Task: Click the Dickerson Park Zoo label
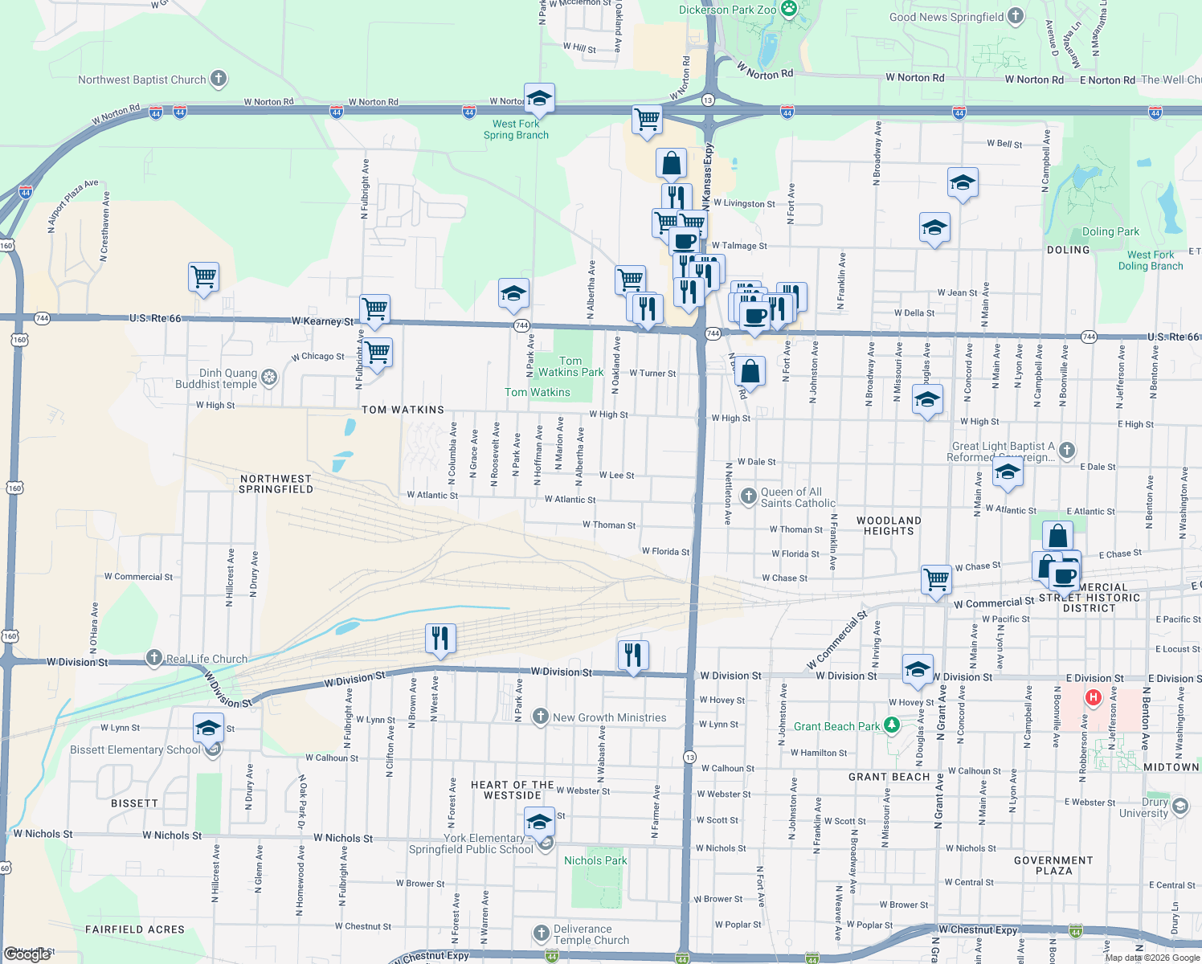(727, 10)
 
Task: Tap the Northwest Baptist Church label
(142, 80)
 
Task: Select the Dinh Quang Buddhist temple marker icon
(269, 377)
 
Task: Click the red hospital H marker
(1093, 698)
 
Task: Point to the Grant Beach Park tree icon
(891, 725)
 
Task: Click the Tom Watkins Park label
(570, 366)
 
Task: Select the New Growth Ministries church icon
(541, 717)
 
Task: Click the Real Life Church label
(206, 659)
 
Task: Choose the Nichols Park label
(595, 860)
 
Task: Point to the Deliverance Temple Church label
(591, 934)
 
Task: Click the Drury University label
(1155, 807)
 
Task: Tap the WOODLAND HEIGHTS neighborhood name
(889, 525)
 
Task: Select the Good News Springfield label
(946, 17)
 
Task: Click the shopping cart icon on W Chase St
(937, 578)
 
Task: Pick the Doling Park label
(1110, 231)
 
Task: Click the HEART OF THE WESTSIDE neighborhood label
(513, 790)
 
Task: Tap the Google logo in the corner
(27, 954)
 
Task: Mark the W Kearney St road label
(322, 321)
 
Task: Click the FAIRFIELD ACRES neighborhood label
(135, 929)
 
